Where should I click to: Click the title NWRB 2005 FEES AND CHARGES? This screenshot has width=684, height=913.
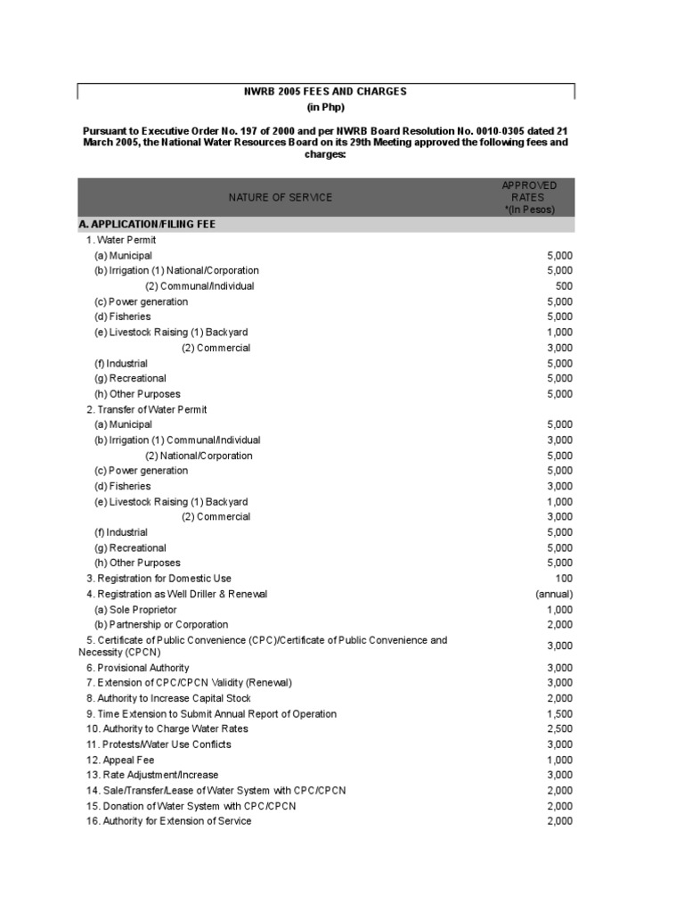(325, 91)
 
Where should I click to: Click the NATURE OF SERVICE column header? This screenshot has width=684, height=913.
(280, 197)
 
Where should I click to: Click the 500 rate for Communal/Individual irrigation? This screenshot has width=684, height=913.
(563, 286)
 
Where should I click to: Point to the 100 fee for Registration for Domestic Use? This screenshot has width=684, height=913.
(564, 579)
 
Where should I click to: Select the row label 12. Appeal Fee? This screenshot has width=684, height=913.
(120, 760)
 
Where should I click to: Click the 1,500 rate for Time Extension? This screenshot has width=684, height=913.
(559, 714)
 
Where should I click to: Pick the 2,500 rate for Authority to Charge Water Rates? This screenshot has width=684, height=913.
(559, 729)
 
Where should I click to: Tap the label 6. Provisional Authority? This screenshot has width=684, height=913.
(138, 668)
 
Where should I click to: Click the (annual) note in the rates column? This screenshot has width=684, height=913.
(554, 594)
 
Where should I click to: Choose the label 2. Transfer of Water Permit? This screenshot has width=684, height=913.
(146, 409)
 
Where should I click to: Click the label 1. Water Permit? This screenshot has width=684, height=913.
(121, 241)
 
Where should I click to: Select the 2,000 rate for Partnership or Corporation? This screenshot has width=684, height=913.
(559, 624)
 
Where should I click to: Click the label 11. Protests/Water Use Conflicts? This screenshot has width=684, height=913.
(159, 744)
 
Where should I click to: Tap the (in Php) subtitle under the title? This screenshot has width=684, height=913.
(325, 108)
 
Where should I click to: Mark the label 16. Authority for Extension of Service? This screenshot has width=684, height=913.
(168, 821)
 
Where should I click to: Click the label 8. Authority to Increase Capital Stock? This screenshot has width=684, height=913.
(168, 698)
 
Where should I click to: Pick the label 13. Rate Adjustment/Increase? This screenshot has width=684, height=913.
(152, 775)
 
